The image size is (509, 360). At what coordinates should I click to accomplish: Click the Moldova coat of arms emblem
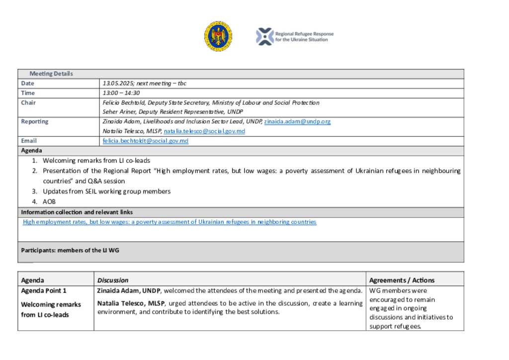click(x=218, y=36)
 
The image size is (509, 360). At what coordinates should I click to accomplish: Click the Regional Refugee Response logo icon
click(x=264, y=36)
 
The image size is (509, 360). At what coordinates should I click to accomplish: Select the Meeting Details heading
click(x=51, y=74)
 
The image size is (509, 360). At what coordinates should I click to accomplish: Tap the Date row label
click(x=28, y=84)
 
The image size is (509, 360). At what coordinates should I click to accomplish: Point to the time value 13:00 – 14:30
click(x=121, y=93)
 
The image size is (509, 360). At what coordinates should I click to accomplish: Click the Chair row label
click(x=28, y=103)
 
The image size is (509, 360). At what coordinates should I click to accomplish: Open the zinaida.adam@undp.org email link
click(x=297, y=121)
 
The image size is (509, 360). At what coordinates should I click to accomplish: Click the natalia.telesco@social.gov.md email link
click(x=204, y=131)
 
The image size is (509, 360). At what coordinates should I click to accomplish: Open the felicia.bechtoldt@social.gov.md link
click(x=146, y=141)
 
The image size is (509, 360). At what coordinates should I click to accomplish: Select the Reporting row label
click(x=35, y=121)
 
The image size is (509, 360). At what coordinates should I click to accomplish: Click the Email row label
click(x=29, y=141)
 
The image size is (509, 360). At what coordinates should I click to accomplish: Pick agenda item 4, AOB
click(x=49, y=201)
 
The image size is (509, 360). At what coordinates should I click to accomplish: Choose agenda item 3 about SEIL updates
click(x=106, y=191)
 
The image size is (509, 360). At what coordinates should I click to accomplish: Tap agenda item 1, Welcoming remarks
click(x=96, y=161)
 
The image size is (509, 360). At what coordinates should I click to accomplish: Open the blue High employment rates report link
click(x=170, y=222)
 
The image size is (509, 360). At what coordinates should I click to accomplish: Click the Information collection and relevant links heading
click(x=77, y=212)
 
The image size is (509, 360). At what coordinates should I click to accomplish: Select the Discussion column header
click(x=113, y=280)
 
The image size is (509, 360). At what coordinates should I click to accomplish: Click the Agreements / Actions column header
click(x=402, y=280)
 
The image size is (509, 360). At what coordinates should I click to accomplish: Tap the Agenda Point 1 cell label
click(x=44, y=291)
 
